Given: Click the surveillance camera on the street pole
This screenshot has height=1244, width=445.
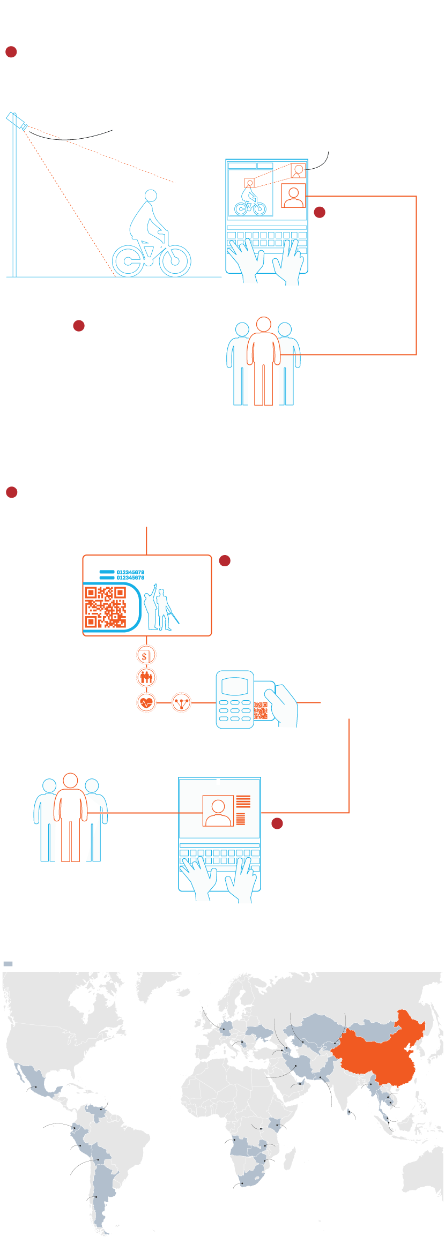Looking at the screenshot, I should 17,121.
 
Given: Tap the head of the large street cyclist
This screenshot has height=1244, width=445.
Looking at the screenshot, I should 151,196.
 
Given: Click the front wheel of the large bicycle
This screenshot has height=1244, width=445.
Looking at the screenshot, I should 175,261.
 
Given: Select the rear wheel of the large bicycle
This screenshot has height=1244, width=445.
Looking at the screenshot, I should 128,261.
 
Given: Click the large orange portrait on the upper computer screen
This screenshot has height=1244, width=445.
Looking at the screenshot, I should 293,196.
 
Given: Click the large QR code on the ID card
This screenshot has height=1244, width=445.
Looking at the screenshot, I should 106,607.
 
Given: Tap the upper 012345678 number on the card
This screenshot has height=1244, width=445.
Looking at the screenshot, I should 130,572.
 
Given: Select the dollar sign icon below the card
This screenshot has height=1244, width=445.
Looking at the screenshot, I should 145,656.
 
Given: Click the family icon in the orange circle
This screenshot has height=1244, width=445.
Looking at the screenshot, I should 146,678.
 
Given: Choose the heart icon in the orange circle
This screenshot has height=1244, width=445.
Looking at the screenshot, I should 146,702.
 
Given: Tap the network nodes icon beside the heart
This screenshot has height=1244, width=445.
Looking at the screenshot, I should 181,702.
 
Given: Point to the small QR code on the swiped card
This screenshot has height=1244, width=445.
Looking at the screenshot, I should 261,710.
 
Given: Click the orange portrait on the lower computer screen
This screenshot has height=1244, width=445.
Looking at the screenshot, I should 218,811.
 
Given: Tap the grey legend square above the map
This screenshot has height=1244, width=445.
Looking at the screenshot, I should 8,964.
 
